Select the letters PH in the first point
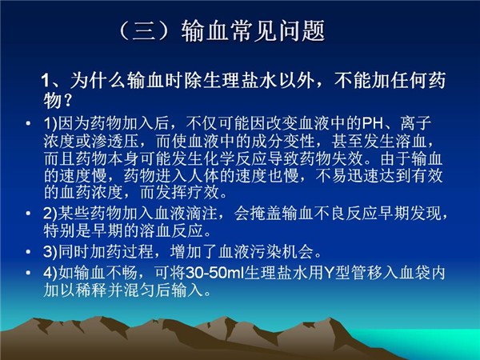click(373, 123)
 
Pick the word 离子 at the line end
click(416, 123)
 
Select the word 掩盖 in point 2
click(266, 213)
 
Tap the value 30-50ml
click(214, 273)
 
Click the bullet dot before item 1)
click(29, 124)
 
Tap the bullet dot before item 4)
click(29, 273)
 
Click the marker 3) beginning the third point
click(50, 252)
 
